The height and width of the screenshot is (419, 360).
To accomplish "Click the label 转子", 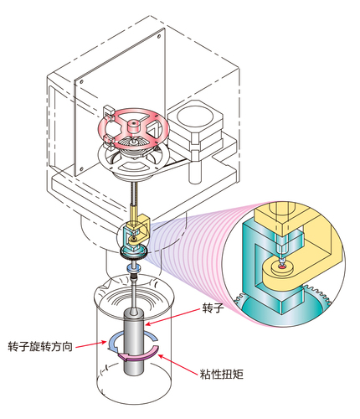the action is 213,308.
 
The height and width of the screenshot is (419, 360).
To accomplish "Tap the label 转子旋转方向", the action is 40,346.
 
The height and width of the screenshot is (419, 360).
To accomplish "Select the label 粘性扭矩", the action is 221,374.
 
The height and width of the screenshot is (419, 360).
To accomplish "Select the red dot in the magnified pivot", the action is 282,267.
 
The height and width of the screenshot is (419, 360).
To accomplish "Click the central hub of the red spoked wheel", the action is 133,127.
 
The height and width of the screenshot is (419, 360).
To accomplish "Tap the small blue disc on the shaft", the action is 134,268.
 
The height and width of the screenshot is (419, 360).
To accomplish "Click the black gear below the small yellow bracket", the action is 134,253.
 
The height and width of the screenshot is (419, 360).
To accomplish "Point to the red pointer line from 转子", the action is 173,317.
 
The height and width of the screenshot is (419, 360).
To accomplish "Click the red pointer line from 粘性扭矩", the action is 178,365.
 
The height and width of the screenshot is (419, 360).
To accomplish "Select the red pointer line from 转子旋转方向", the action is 91,344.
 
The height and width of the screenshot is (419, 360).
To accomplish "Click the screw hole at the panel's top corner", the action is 159,36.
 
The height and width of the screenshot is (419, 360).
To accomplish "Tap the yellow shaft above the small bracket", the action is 134,213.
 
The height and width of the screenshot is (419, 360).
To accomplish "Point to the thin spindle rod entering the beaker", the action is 134,292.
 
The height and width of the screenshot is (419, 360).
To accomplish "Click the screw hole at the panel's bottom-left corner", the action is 82,168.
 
